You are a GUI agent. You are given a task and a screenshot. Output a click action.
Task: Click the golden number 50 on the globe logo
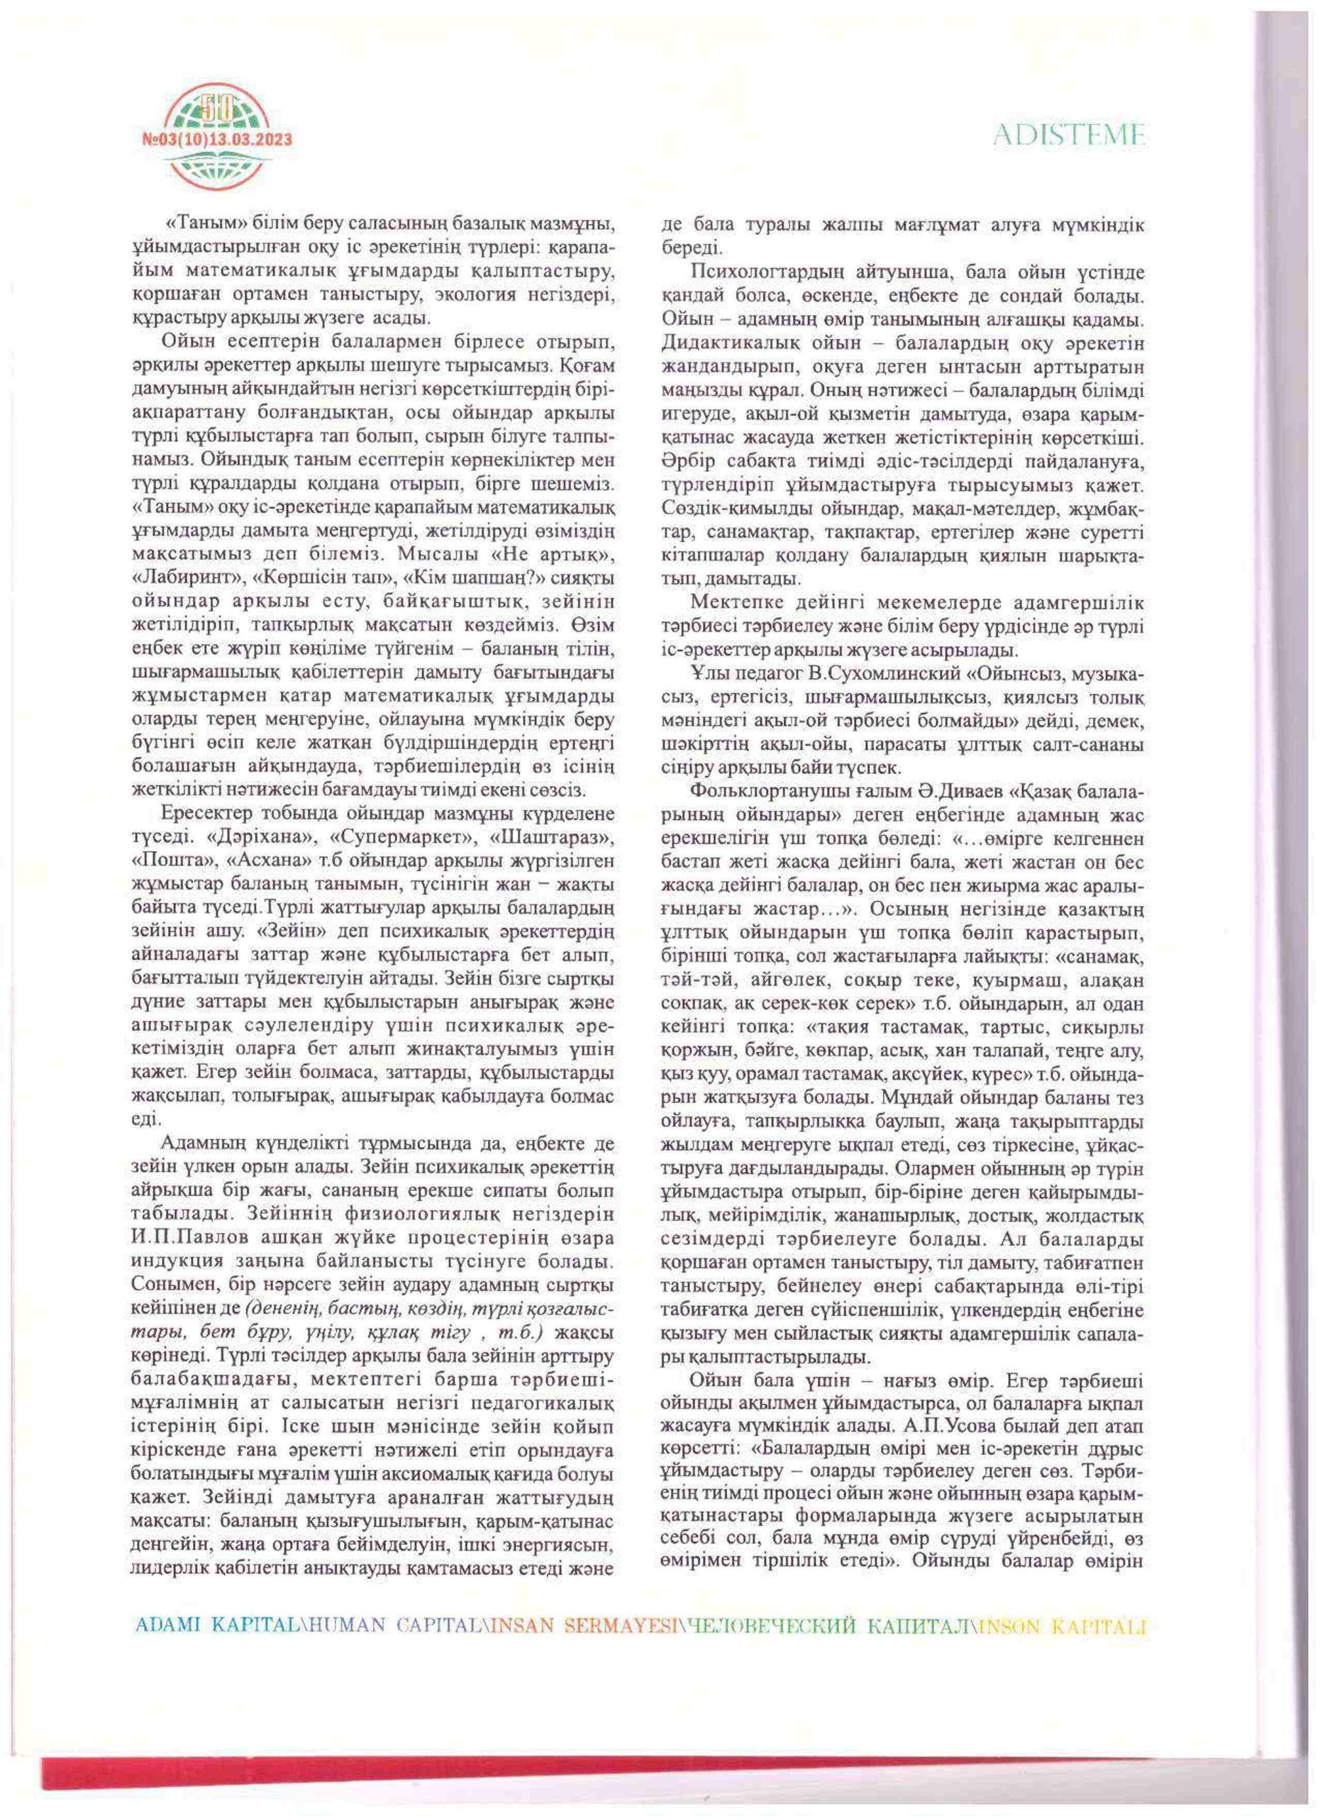point(216,104)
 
